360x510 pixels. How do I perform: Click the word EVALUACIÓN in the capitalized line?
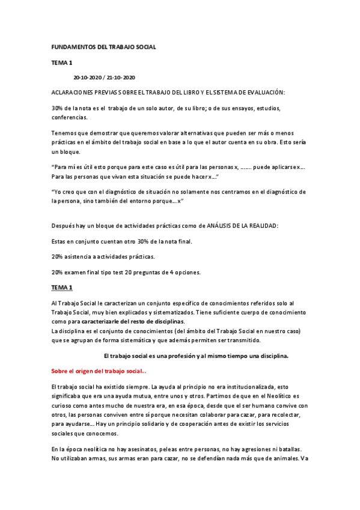(x=263, y=93)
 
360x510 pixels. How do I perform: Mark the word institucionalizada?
(x=252, y=389)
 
